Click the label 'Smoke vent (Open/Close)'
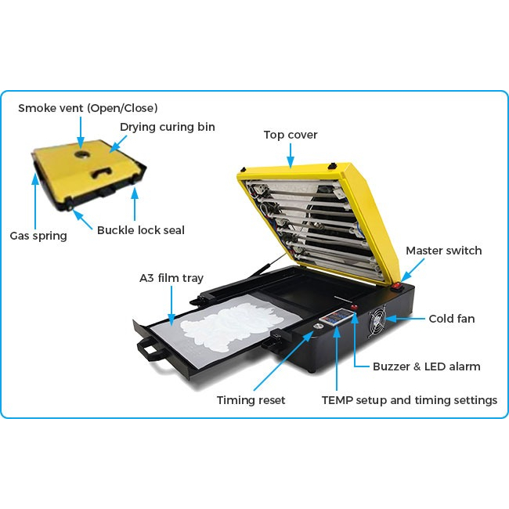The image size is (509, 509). click(x=88, y=107)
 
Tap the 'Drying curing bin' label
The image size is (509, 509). click(x=167, y=127)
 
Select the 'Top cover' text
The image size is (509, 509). click(x=291, y=135)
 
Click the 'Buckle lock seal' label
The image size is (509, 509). click(x=140, y=230)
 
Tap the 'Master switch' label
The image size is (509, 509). click(x=443, y=251)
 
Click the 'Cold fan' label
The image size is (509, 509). click(x=452, y=319)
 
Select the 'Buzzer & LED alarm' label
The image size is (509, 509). click(x=426, y=366)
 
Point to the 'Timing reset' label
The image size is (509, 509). click(x=251, y=400)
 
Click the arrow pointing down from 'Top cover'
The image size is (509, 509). click(x=291, y=156)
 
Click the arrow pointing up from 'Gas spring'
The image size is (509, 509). click(x=36, y=204)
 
